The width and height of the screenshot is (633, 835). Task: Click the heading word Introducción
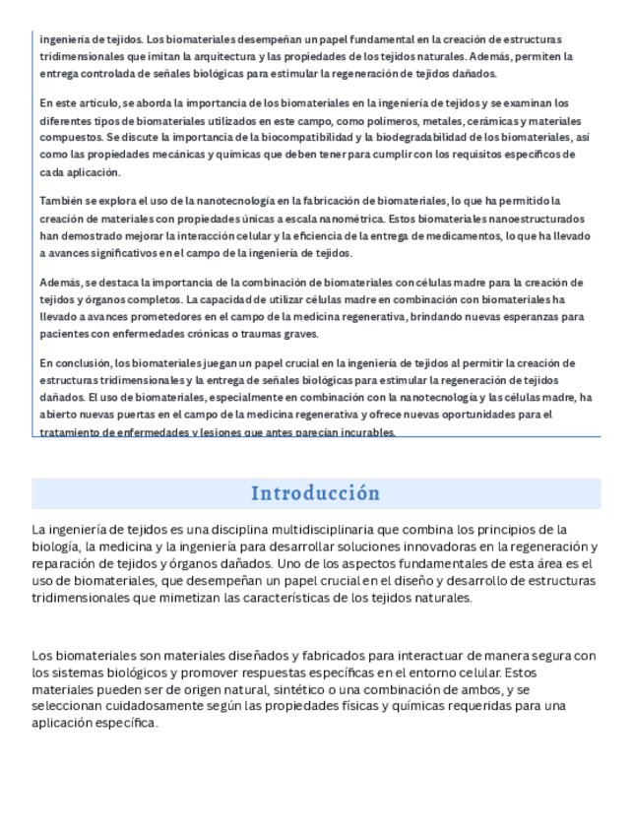[315, 493]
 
